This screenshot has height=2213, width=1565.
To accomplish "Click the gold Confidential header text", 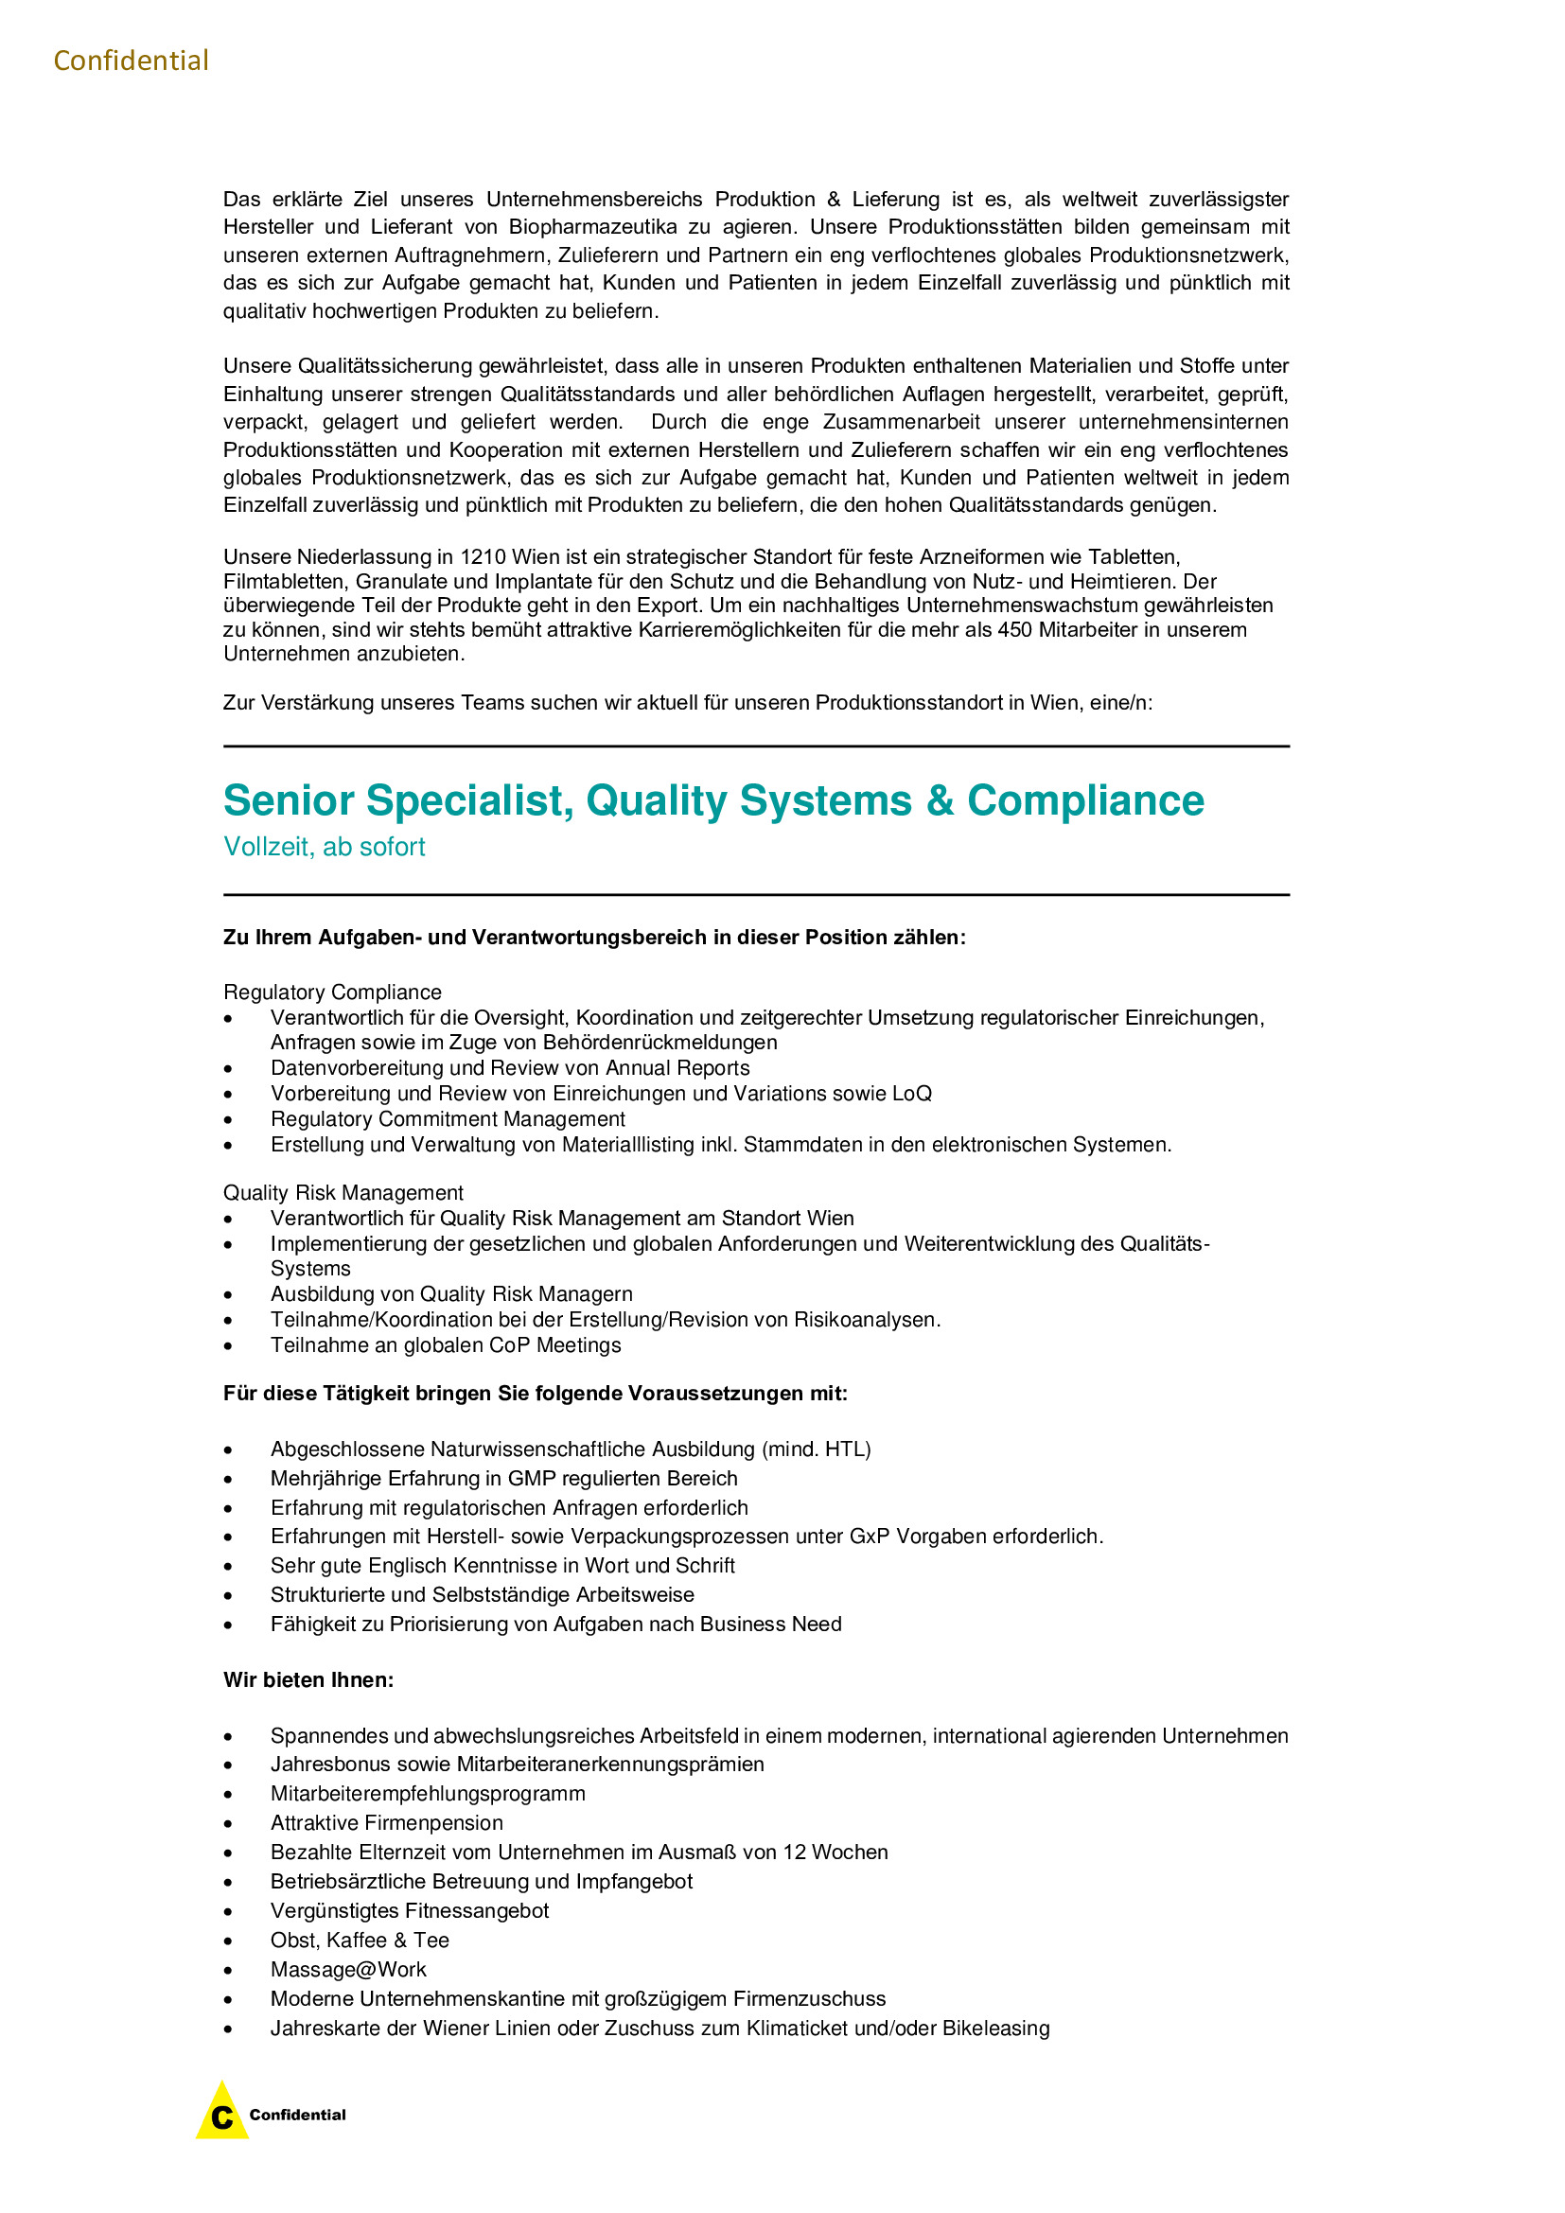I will [x=132, y=61].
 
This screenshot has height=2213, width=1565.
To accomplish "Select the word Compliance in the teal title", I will [x=1085, y=801].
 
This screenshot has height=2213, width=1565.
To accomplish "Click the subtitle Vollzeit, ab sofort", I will [x=324, y=847].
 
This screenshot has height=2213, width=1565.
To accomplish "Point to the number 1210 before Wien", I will [x=483, y=557].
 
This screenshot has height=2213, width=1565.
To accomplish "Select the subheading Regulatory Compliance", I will [x=332, y=992].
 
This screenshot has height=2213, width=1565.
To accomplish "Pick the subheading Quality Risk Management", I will [x=343, y=1193].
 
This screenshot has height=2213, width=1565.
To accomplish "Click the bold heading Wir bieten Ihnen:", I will [x=308, y=1680].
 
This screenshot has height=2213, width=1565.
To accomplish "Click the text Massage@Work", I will [x=348, y=1969].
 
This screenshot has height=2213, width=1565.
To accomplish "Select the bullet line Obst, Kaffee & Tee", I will [x=360, y=1941].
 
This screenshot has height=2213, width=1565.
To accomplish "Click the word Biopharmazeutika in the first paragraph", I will [x=592, y=227].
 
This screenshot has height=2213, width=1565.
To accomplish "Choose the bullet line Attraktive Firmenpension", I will [x=386, y=1822].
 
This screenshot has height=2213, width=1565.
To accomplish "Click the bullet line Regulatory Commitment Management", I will [x=448, y=1119].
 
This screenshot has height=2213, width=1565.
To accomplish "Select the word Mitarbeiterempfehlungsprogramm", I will [x=428, y=1794].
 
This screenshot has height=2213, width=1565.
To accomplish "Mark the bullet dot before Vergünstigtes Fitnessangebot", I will [x=228, y=1912].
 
